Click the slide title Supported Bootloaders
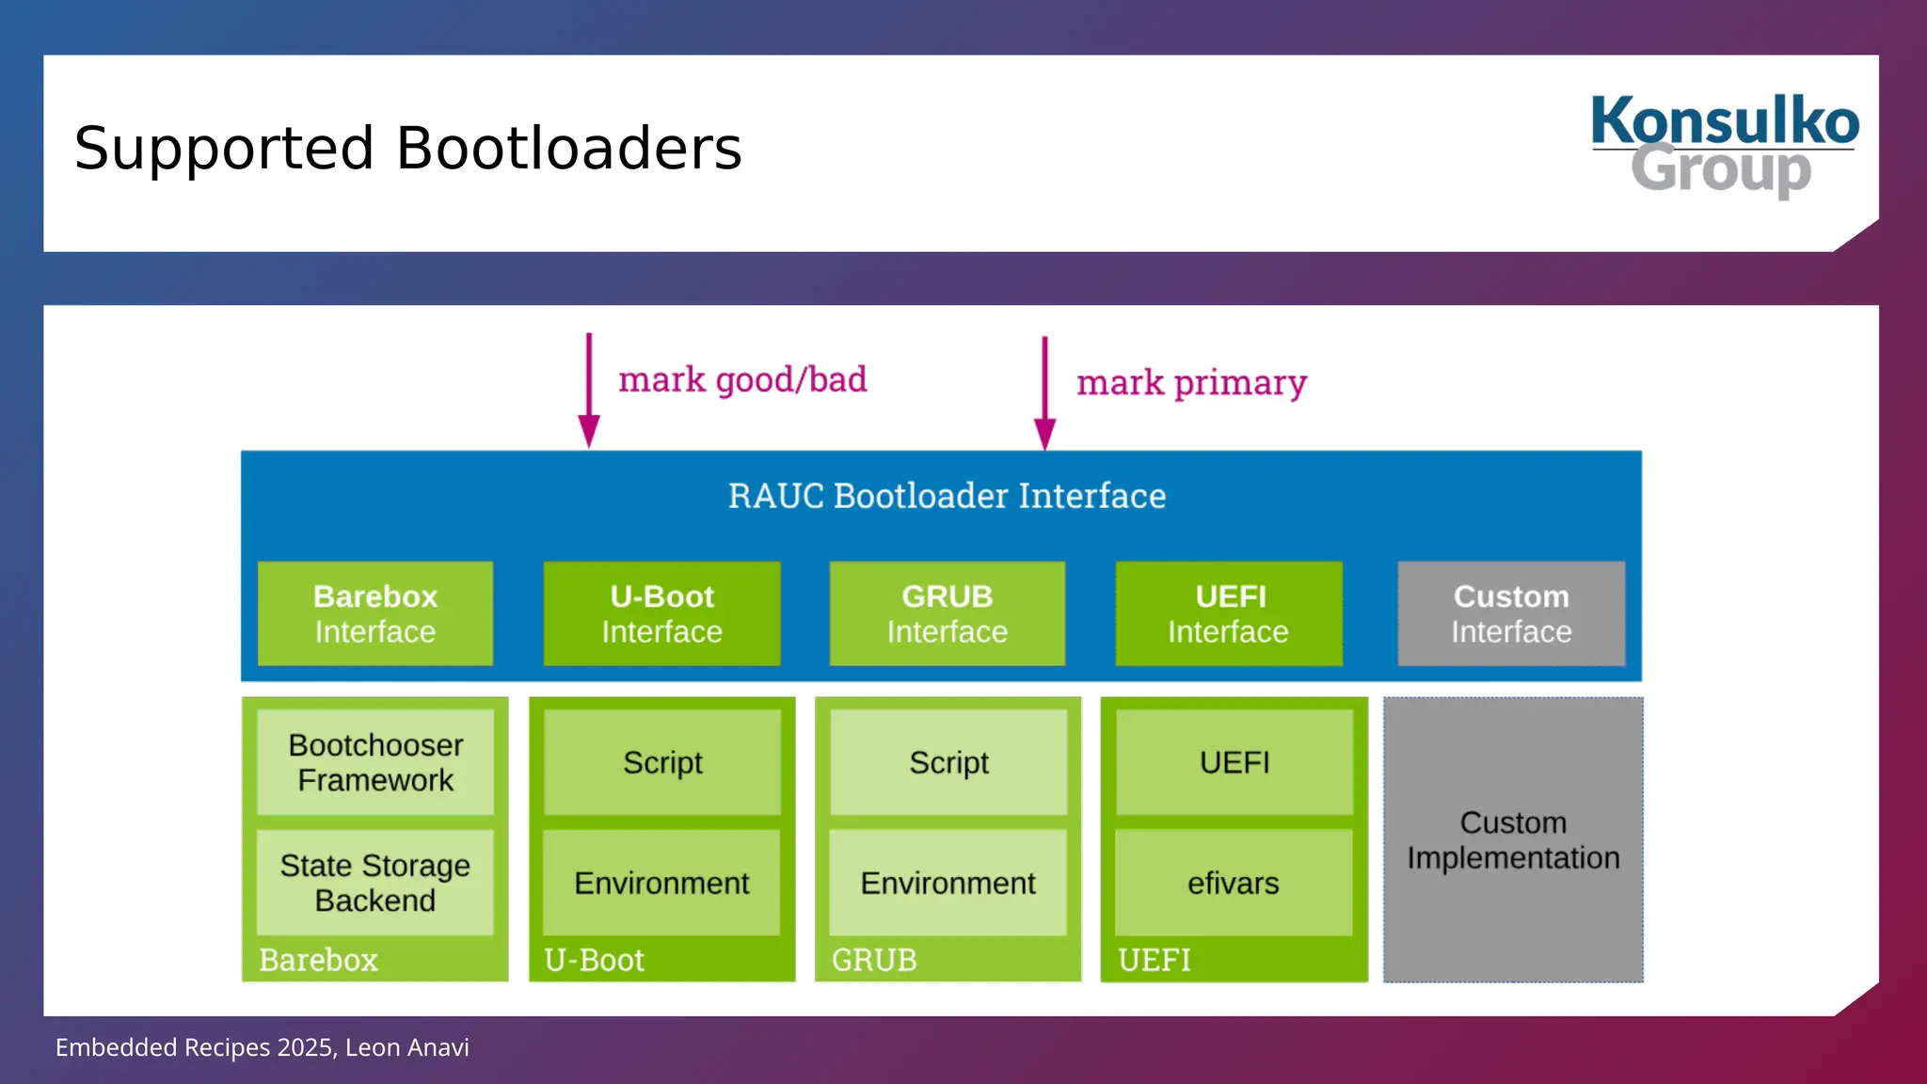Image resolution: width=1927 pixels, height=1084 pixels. [x=407, y=149]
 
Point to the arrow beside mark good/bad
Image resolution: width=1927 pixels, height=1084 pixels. [x=589, y=391]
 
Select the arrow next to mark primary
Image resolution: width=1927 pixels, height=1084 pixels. [x=1044, y=393]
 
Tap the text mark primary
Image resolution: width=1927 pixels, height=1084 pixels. [x=1191, y=383]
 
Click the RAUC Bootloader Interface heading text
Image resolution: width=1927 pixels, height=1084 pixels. [x=947, y=496]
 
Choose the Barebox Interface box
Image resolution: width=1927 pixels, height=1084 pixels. [x=375, y=614]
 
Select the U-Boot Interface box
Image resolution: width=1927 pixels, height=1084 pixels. [x=661, y=614]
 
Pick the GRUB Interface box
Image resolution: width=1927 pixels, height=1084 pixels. [x=947, y=614]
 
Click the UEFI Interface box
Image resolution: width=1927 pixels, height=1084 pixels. [x=1229, y=614]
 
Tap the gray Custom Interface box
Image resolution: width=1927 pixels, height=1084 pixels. [x=1511, y=614]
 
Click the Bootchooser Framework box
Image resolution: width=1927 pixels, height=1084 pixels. [x=375, y=762]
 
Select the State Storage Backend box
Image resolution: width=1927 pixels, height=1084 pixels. [x=375, y=883]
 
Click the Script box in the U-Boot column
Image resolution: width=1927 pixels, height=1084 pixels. [x=661, y=762]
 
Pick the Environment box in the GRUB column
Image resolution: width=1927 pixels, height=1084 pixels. [x=948, y=883]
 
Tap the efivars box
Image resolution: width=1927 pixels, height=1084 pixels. [x=1234, y=883]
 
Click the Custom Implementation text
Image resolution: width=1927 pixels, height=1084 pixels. [x=1513, y=840]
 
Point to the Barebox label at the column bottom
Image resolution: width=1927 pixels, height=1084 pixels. [x=318, y=960]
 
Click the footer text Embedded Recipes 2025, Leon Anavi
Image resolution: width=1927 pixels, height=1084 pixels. [x=262, y=1047]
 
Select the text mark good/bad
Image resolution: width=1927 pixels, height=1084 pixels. [x=742, y=380]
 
